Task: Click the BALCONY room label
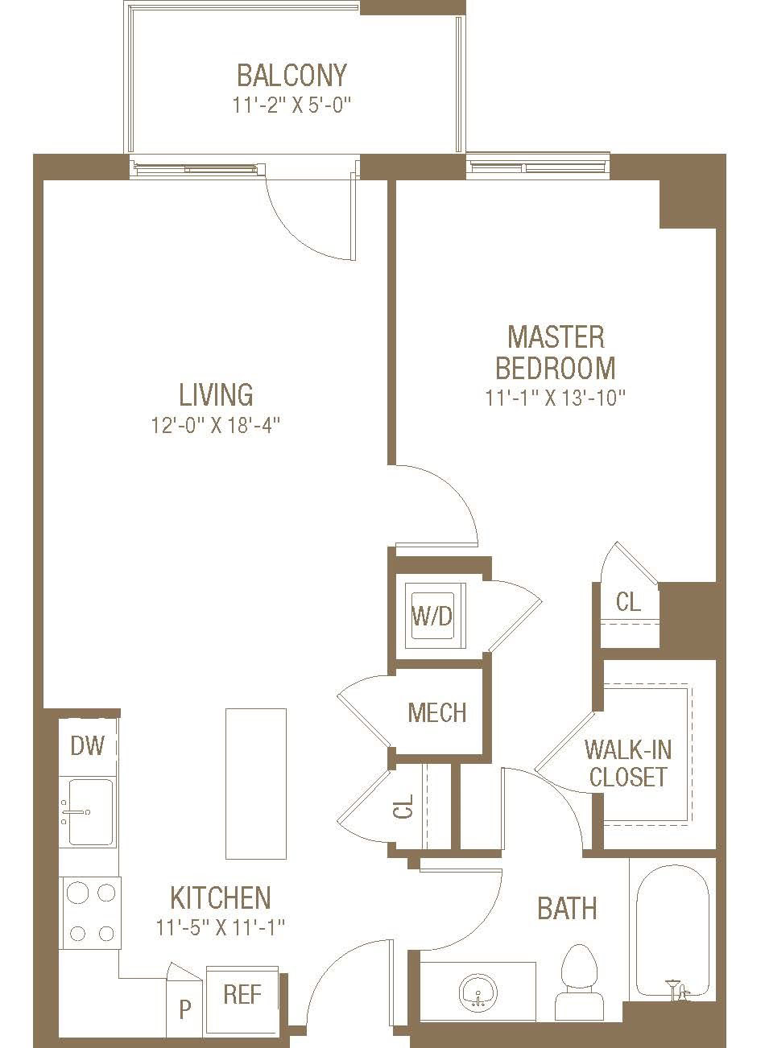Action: tap(292, 76)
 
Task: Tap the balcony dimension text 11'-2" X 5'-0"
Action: tap(292, 105)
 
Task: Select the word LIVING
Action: tap(216, 394)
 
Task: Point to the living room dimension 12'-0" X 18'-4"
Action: tap(215, 425)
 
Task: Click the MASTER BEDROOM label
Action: tap(556, 353)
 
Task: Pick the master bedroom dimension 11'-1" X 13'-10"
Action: tap(556, 398)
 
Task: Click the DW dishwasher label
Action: tap(88, 746)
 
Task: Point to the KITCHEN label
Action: tap(221, 897)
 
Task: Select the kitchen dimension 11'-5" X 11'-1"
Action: tap(221, 927)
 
